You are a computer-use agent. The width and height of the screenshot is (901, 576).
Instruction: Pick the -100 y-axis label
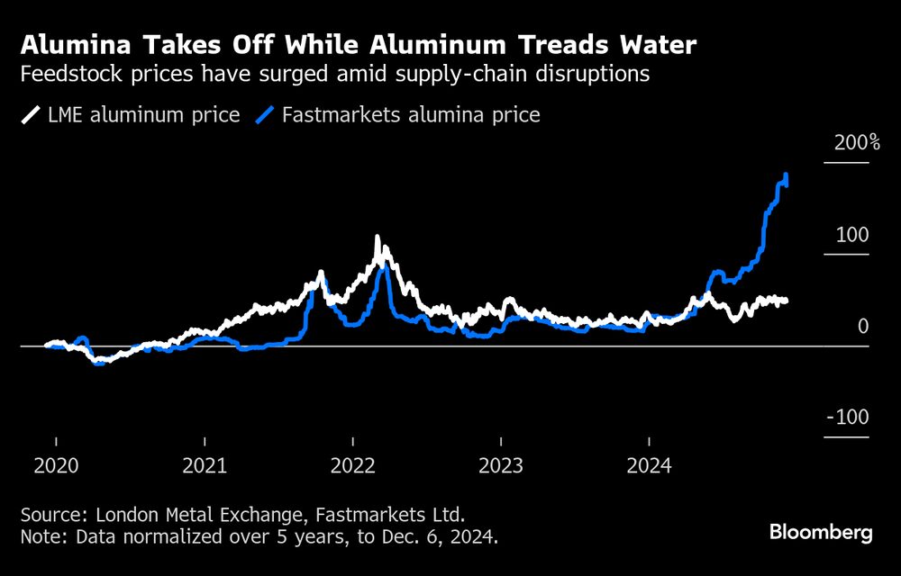click(x=848, y=418)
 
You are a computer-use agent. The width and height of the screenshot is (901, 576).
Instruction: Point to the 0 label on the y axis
click(x=863, y=326)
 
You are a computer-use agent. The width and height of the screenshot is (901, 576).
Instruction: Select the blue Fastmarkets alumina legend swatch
click(x=266, y=115)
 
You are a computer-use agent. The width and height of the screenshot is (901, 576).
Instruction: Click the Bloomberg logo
click(x=821, y=533)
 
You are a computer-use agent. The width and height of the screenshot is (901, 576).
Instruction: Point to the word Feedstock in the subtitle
click(x=64, y=75)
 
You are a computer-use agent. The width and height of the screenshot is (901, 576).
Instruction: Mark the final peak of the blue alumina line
click(x=787, y=175)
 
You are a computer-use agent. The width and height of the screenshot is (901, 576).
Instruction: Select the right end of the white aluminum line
click(x=787, y=301)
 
